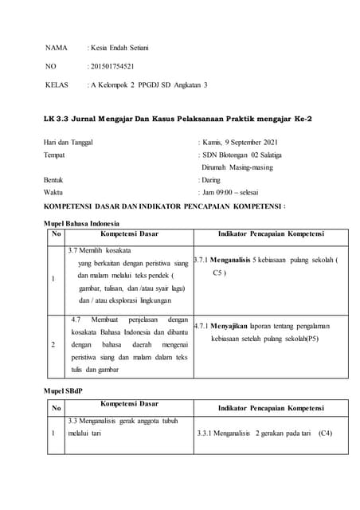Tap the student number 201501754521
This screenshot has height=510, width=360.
click(x=115, y=66)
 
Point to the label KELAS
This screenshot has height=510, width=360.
click(x=57, y=84)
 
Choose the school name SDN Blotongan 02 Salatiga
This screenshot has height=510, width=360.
click(x=242, y=154)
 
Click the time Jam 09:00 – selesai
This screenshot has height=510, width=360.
click(x=237, y=193)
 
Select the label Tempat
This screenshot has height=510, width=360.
click(x=55, y=154)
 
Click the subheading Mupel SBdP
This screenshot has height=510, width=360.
click(x=62, y=391)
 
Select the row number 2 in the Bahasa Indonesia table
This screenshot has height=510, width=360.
click(x=53, y=344)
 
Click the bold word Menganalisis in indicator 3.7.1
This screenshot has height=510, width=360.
click(x=237, y=261)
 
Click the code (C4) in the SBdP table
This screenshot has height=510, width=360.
click(x=324, y=435)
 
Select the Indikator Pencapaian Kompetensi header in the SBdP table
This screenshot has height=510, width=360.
click(x=271, y=408)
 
